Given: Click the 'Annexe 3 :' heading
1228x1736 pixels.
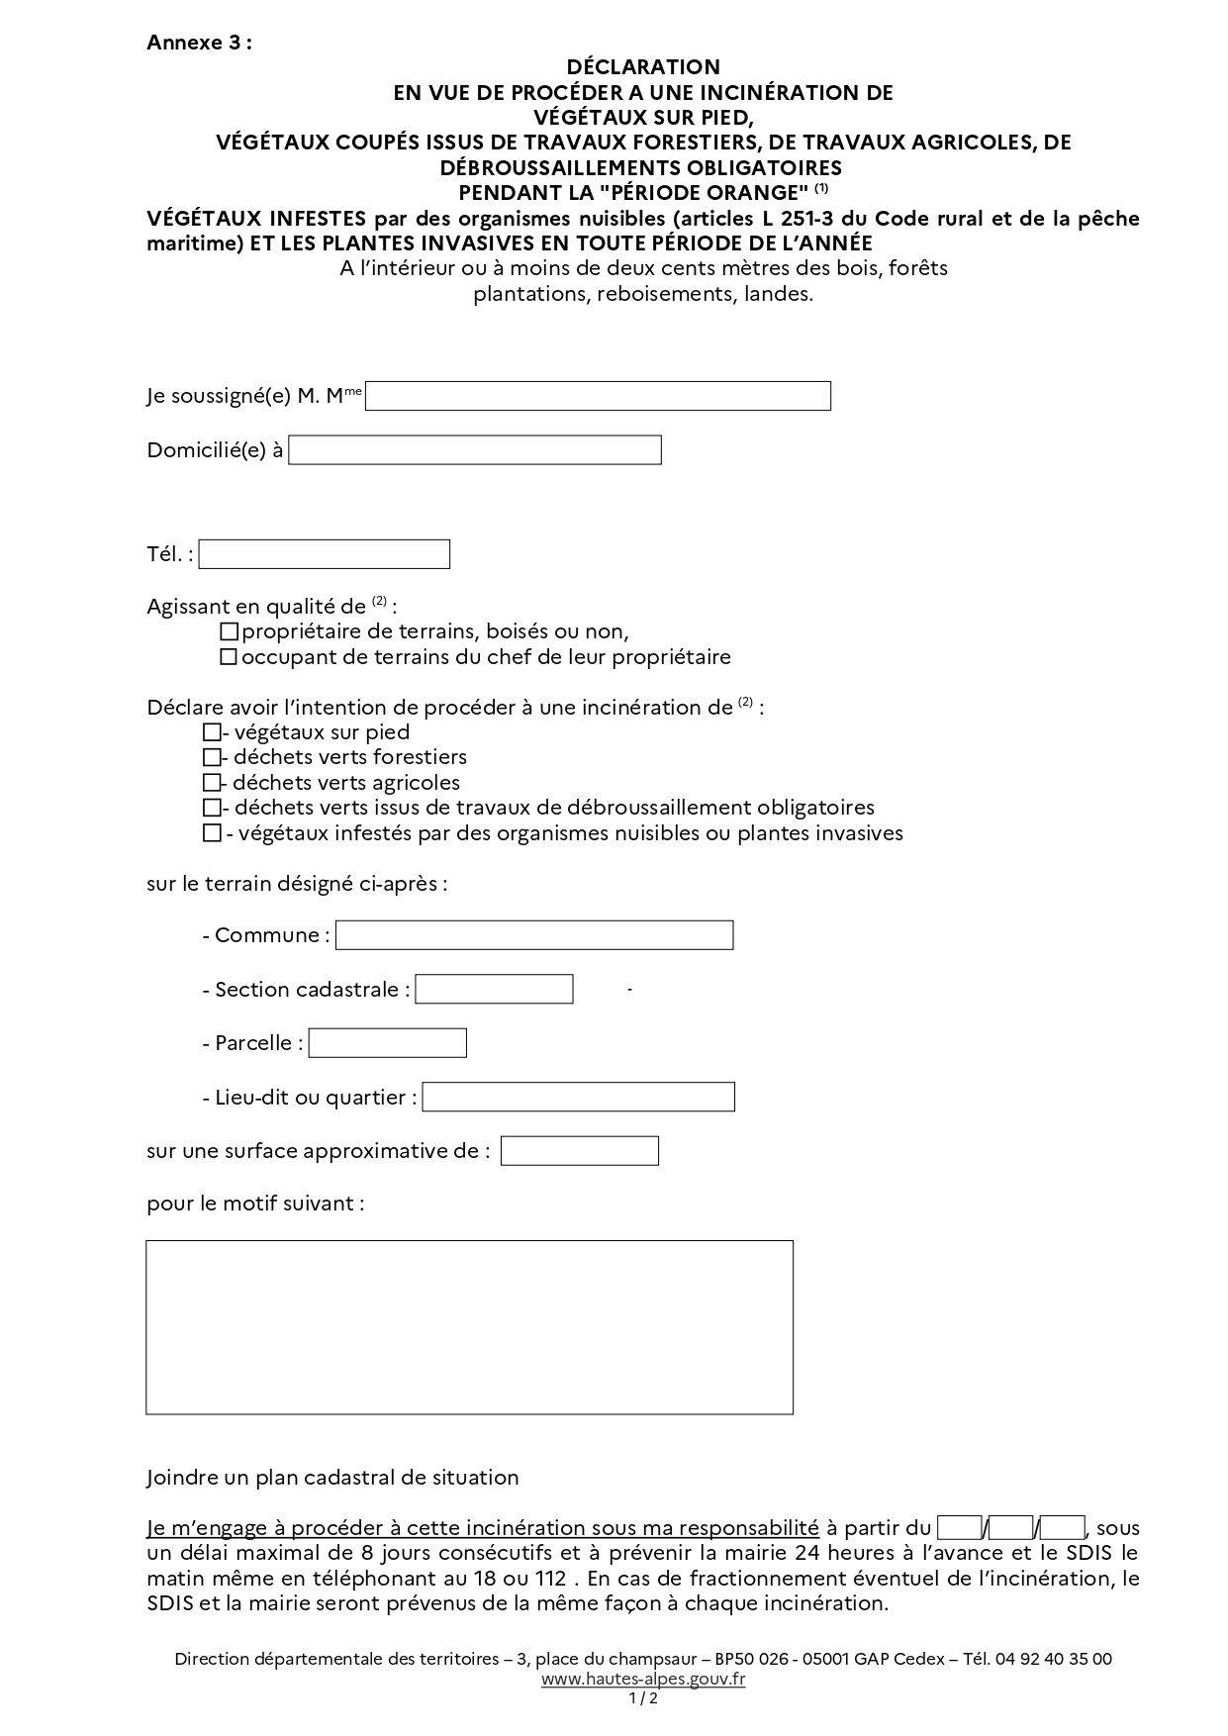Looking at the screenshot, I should point(199,43).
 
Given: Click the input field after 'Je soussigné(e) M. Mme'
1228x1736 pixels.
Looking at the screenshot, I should point(598,396).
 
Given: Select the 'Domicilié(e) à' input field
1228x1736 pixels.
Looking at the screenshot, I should point(474,450).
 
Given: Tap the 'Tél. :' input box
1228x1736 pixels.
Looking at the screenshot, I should point(324,554).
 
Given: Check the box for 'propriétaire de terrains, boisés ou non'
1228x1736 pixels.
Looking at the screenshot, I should point(229,631).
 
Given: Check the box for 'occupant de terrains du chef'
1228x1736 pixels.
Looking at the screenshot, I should point(229,657).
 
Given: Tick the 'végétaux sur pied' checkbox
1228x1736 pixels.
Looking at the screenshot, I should point(211,733).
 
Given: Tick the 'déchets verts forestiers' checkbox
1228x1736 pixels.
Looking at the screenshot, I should point(211,758).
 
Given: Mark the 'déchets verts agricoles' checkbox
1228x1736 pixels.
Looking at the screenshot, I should point(211,783).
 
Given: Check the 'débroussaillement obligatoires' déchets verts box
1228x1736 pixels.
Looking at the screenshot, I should point(211,809).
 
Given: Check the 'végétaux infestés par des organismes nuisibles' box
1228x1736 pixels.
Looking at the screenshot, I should point(211,833).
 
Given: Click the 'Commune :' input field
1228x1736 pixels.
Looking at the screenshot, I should point(534,935).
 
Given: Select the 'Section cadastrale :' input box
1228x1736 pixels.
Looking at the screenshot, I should point(494,989).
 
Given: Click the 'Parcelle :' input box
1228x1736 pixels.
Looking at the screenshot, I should point(387,1043).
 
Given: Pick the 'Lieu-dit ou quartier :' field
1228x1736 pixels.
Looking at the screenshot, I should point(578,1097).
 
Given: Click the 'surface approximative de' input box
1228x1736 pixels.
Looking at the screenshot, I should point(579,1151).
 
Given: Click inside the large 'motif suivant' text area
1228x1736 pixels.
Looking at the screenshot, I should point(469,1326).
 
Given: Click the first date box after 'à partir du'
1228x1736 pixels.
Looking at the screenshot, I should point(959,1528).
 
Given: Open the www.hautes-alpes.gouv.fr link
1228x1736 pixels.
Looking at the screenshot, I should point(643,1679).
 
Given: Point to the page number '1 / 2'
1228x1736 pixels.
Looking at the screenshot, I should point(643,1698).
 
